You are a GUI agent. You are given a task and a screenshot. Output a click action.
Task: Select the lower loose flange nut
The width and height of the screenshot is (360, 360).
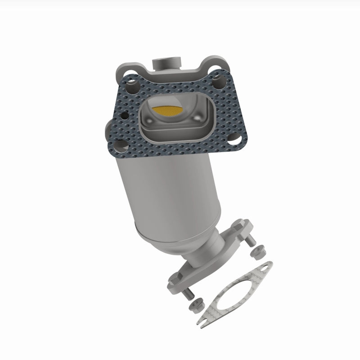point(198,306)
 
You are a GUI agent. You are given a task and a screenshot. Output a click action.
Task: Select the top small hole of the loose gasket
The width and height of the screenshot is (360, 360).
point(266,270)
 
